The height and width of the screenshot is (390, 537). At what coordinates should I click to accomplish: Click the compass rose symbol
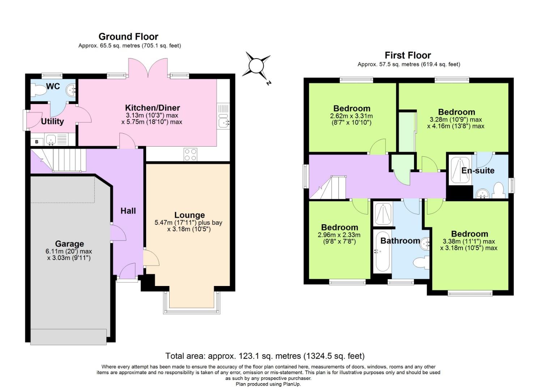pos(256,66)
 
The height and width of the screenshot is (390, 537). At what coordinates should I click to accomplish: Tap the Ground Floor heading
pos(128,36)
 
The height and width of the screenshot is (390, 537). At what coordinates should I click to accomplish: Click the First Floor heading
pos(408,55)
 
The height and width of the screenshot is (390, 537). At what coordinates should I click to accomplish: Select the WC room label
pos(53,86)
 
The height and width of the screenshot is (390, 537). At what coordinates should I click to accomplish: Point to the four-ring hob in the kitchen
pos(191,155)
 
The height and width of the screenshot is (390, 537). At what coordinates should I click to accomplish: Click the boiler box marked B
pos(37,142)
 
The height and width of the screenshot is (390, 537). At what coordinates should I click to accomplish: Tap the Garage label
pos(69,244)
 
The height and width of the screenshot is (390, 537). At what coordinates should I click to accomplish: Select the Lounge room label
pos(189,215)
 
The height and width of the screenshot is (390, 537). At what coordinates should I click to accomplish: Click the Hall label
pos(128,211)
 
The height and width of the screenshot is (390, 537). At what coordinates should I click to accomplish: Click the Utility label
pos(52,121)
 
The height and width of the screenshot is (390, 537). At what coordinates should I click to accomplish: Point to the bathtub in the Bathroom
pos(382,253)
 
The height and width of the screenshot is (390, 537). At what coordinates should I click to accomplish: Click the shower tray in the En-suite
pos(460,170)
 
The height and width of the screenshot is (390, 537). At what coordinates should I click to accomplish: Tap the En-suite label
pos(478,170)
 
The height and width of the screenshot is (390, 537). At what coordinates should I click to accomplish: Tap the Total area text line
pos(265,356)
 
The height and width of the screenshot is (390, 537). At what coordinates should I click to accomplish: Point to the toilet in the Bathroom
pos(421,262)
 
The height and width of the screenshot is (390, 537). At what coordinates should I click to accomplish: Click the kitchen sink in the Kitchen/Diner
pos(223,123)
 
